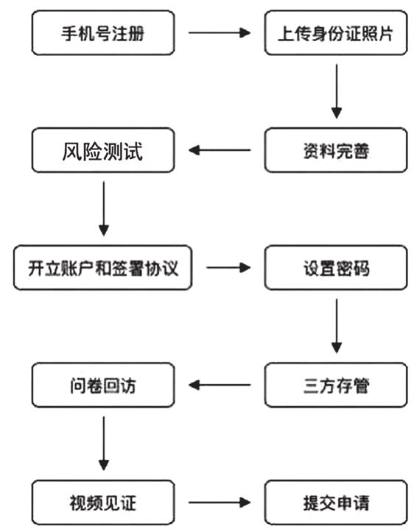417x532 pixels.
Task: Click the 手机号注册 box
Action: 104,33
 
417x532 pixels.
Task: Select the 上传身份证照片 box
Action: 335,33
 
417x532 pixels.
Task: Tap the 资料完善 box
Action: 335,150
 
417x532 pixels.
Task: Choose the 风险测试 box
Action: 104,150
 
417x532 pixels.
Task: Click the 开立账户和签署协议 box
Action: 104,267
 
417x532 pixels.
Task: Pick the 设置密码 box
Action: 335,267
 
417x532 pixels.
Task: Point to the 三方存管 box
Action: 335,385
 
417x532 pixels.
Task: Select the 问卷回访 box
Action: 104,385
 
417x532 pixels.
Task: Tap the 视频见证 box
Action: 104,503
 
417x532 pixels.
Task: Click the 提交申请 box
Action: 335,503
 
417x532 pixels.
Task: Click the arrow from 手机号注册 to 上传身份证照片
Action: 220,33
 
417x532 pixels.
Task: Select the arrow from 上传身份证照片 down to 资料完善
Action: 336,91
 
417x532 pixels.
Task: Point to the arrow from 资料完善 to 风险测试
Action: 220,150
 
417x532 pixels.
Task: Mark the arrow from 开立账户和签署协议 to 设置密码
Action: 228,267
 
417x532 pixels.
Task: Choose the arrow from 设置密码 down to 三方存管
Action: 336,326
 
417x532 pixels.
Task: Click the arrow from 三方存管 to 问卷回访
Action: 220,385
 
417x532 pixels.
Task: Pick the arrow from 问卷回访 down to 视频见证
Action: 104,444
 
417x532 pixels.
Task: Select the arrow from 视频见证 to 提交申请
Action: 220,503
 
